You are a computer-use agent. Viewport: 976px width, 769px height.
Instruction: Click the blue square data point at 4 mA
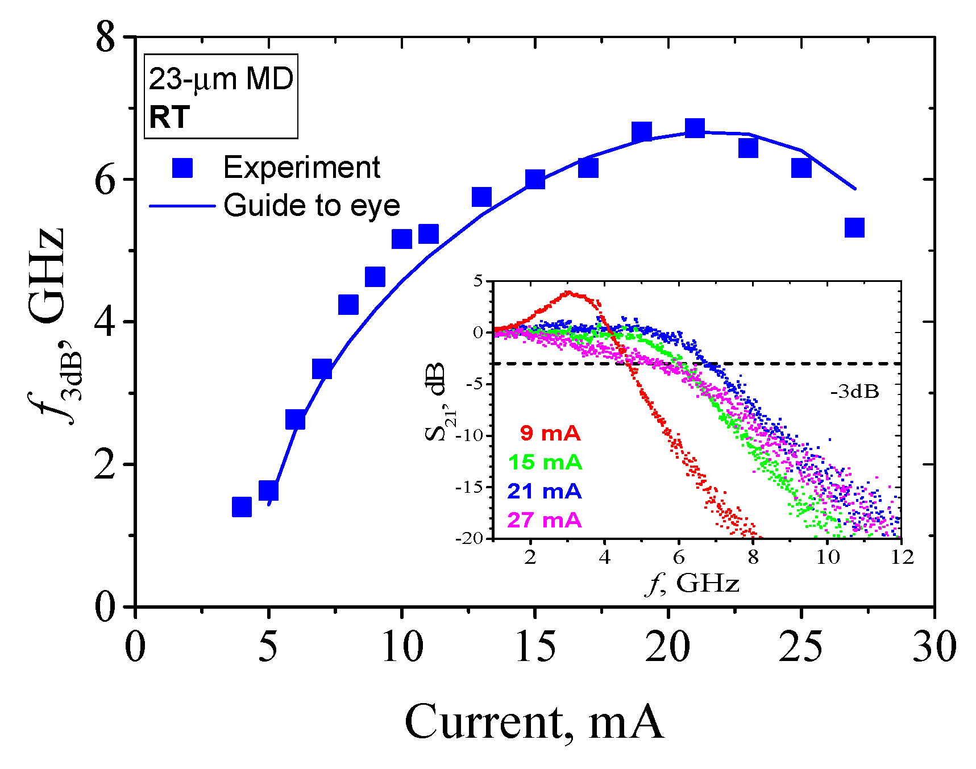tap(242, 506)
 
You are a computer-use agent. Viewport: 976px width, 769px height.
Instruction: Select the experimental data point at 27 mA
tap(854, 227)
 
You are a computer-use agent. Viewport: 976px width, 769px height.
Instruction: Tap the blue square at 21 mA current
tap(695, 128)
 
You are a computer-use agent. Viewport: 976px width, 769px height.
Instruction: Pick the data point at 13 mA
tap(481, 197)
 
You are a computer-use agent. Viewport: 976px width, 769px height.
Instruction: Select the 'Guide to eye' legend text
tap(312, 205)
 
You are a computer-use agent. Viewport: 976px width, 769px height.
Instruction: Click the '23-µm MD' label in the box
tap(221, 78)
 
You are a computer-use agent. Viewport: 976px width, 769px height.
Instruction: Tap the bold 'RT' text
tap(169, 118)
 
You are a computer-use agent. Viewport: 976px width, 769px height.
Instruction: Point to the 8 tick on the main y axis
tap(105, 39)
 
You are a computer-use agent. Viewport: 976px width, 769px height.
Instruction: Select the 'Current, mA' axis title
tap(534, 722)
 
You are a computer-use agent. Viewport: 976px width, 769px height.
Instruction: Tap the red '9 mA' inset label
tap(550, 433)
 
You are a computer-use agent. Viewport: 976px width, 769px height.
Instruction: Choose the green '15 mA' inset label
tap(545, 462)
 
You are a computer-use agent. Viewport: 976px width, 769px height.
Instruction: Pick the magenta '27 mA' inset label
tap(545, 520)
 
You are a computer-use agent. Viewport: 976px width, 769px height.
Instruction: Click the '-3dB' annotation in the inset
tap(854, 392)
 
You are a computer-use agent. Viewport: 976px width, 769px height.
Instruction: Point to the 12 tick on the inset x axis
tap(902, 557)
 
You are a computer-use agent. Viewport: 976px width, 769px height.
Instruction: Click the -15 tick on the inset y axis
tap(470, 487)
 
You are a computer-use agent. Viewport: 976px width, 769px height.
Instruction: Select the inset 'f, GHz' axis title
tap(692, 584)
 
